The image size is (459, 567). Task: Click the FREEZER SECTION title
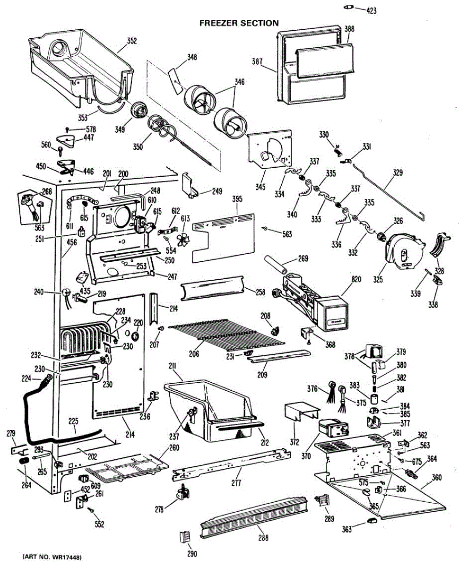[239, 23]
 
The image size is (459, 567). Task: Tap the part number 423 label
[372, 11]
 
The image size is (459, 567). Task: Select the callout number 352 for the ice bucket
[132, 41]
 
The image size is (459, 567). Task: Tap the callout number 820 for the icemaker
[356, 279]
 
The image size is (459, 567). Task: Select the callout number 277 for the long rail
[236, 482]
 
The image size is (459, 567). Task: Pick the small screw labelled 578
[67, 129]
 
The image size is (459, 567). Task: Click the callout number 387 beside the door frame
[257, 61]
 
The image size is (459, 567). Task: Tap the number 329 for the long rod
[398, 172]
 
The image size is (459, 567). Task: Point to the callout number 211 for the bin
[173, 367]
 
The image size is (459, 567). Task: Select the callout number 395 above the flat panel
[237, 199]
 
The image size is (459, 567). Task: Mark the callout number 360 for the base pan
[437, 477]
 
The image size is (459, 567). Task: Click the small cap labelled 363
[372, 520]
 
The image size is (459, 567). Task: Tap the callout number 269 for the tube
[303, 258]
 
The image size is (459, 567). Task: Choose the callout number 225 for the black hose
[73, 421]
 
